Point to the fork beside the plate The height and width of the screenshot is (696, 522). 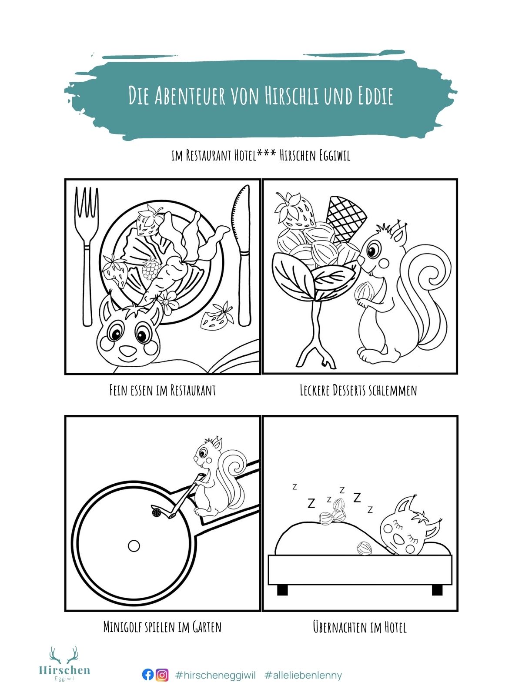click(x=87, y=255)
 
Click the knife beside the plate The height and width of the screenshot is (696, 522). click(x=242, y=255)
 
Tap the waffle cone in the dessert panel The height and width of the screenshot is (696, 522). click(x=346, y=219)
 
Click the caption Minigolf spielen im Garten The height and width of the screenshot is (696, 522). click(x=162, y=627)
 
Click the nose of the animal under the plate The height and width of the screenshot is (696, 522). click(x=128, y=351)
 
